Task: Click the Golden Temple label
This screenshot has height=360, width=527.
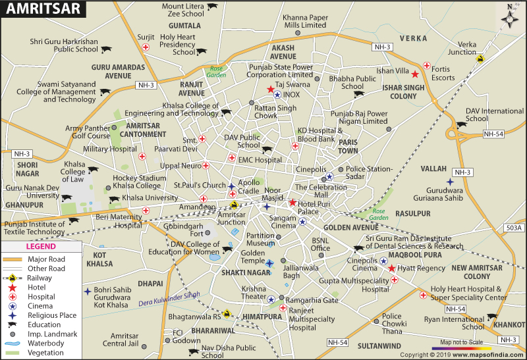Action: [x=253, y=253]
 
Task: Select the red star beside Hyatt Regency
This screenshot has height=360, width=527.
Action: [x=392, y=269]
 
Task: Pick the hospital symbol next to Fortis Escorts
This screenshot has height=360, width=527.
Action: [x=427, y=66]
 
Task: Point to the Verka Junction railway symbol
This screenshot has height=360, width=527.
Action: [x=480, y=59]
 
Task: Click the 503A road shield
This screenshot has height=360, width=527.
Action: [x=513, y=228]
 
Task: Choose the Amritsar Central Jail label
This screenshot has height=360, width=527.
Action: [x=129, y=340]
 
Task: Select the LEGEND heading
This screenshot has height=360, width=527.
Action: [x=41, y=247]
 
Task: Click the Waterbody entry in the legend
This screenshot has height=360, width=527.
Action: [x=46, y=344]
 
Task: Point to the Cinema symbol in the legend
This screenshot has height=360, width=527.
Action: [x=13, y=305]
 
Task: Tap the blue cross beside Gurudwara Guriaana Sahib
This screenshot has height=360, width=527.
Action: [x=450, y=182]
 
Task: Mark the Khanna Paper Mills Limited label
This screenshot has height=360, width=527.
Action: [x=296, y=21]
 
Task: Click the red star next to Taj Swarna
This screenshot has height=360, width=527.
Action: [x=270, y=90]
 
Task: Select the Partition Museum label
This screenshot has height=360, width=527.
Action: [x=260, y=239]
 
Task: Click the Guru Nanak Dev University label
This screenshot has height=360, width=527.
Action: [x=33, y=192]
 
